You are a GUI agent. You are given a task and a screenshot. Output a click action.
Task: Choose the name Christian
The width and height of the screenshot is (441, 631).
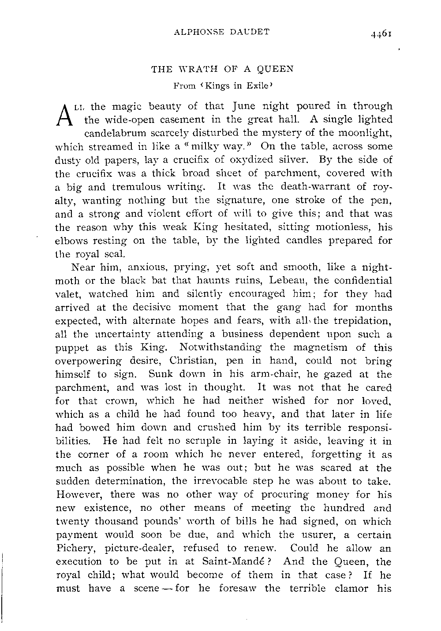pyautogui.click(x=191, y=361)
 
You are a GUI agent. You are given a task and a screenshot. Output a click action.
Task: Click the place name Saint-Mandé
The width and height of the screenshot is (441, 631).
pyautogui.click(x=235, y=562)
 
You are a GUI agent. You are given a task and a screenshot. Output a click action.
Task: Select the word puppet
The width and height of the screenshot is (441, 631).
pyautogui.click(x=70, y=348)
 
